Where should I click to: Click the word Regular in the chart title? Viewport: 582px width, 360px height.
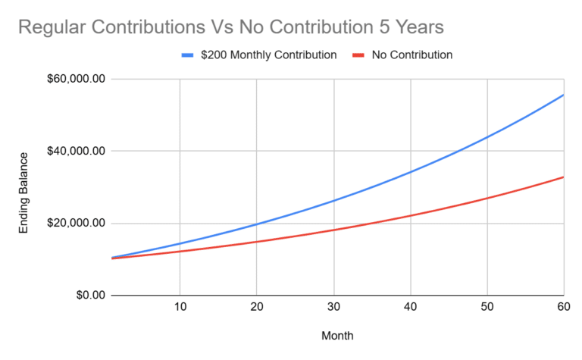pos(49,27)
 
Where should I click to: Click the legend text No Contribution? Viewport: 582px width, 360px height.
pos(411,55)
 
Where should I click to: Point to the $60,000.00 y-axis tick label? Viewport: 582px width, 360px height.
pos(75,79)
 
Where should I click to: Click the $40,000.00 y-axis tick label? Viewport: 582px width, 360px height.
pos(75,151)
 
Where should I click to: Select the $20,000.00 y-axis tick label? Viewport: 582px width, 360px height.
pos(75,223)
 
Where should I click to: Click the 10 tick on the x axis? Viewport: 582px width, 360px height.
pos(180,308)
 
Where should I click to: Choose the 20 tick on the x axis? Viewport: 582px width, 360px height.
pos(256,308)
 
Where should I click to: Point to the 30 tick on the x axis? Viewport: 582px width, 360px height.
pos(333,308)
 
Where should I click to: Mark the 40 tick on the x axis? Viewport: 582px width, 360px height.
pos(410,308)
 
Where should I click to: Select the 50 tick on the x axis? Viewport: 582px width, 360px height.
pos(487,308)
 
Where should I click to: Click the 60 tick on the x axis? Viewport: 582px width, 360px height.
pos(562,308)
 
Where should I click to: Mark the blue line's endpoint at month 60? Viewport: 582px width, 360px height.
pos(563,95)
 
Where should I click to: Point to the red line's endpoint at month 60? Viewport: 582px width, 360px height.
pos(563,177)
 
